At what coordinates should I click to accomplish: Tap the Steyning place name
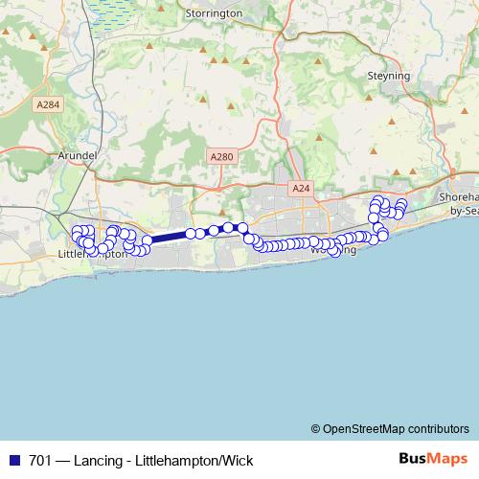[388, 75]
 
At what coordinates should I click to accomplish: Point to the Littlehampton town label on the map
[92, 255]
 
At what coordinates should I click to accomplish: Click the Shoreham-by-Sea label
[458, 202]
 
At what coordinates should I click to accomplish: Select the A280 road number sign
[220, 154]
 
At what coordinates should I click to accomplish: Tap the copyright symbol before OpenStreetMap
[315, 429]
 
